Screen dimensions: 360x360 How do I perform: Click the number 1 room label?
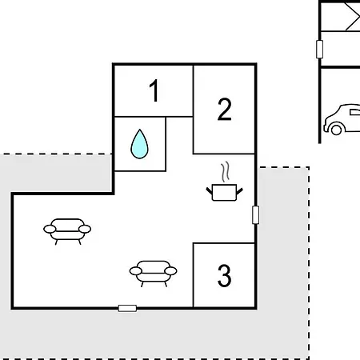tap(154, 90)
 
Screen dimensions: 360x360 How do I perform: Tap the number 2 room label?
tap(225, 110)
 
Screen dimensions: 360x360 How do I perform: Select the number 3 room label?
tap(224, 275)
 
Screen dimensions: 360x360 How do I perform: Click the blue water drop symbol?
tap(139, 144)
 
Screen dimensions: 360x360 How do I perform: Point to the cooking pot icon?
tap(224, 192)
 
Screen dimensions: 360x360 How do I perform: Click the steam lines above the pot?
tap(226, 171)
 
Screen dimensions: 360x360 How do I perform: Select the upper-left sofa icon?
tap(67, 231)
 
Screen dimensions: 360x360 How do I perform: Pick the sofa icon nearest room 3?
tap(153, 274)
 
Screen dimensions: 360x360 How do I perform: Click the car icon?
tap(342, 119)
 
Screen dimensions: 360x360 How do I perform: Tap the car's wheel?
tap(336, 130)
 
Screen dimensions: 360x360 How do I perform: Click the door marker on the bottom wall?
tap(127, 309)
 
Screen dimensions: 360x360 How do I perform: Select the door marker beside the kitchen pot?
tap(255, 214)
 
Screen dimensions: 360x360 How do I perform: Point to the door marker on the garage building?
tap(319, 49)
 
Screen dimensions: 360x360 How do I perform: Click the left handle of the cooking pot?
tap(210, 190)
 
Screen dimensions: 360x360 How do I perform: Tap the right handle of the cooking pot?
tap(239, 191)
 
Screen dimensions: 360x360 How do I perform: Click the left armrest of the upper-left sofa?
tap(50, 229)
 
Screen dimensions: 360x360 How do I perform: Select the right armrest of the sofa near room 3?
tap(170, 271)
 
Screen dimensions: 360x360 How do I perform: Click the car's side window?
tap(355, 112)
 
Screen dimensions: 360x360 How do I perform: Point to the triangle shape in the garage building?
tap(353, 17)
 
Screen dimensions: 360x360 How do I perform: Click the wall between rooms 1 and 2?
tap(193, 90)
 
